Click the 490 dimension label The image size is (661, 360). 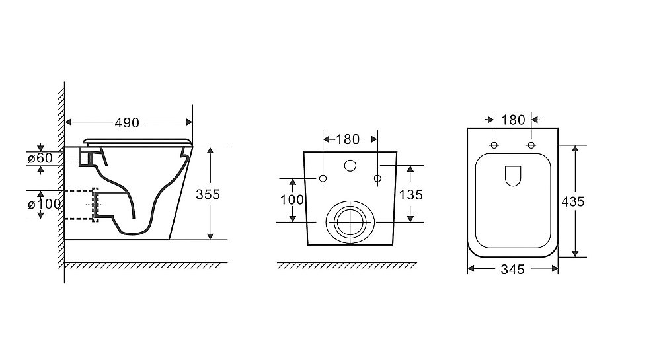[127, 122]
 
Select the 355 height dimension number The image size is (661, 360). [208, 194]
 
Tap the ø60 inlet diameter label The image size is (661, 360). [40, 158]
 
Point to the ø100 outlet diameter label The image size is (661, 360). [44, 204]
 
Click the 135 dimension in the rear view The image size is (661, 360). [410, 194]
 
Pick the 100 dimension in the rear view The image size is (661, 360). [292, 199]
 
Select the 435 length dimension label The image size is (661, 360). [573, 201]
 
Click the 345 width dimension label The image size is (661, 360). [513, 269]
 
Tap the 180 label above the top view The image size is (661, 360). [513, 120]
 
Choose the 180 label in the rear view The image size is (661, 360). [348, 139]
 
